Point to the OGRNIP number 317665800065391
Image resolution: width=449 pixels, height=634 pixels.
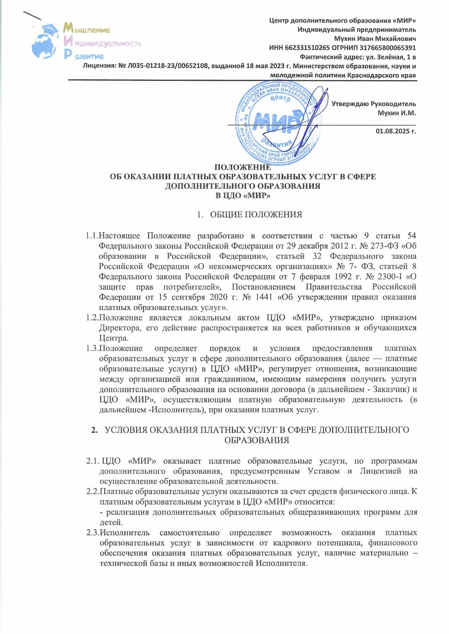coord(387,48)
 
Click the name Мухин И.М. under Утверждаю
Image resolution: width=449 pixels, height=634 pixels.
coord(397,113)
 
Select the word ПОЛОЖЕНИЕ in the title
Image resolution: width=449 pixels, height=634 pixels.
coord(243,167)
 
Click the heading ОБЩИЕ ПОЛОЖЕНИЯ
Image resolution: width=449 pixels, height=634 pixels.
coord(256,214)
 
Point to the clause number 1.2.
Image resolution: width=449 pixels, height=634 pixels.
coord(92,318)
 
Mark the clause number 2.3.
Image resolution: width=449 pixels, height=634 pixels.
coord(93,532)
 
